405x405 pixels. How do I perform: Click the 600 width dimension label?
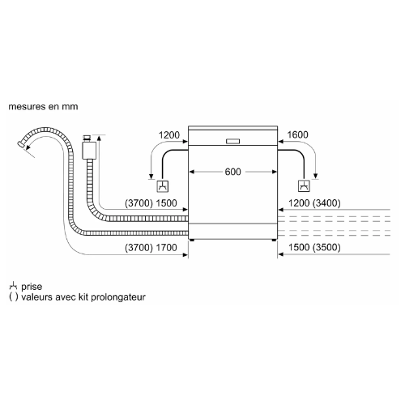[x=232, y=172]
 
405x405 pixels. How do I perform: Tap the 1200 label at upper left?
[x=169, y=135]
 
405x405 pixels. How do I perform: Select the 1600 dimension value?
[x=297, y=134]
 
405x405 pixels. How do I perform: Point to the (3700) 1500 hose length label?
[x=151, y=203]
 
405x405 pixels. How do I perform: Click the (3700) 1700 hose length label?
[x=151, y=247]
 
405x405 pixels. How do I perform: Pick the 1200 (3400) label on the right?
[x=314, y=203]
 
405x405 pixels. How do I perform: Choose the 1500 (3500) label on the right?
[x=314, y=247]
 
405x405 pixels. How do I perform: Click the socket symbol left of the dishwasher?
[x=163, y=186]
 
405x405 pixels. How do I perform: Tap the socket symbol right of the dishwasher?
[x=304, y=186]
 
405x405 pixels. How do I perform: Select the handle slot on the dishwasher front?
[x=232, y=141]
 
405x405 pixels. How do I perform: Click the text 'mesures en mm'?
[x=43, y=107]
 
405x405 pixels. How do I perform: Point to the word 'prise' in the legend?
[x=32, y=287]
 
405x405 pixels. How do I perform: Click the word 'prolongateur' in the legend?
[x=118, y=297]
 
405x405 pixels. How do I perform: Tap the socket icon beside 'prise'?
[x=13, y=286]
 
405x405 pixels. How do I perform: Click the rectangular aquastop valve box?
[x=89, y=151]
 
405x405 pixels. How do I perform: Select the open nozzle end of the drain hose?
[x=21, y=143]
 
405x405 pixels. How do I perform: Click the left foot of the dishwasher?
[x=192, y=240]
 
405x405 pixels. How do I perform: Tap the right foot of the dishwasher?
[x=274, y=240]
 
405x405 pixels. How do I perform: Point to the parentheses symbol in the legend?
[x=14, y=297]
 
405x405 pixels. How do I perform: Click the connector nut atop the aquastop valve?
[x=87, y=138]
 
